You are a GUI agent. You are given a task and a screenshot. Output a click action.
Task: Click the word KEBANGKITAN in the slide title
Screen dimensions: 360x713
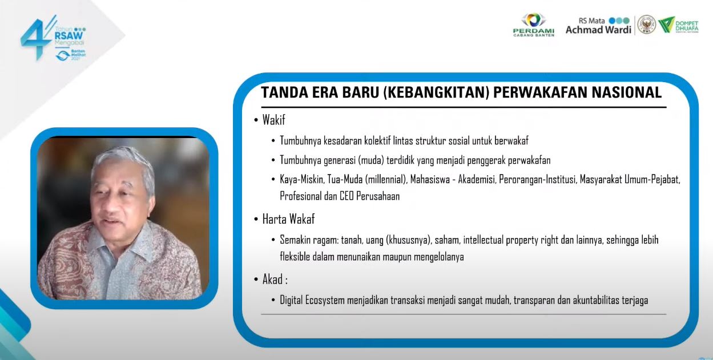pos(434,93)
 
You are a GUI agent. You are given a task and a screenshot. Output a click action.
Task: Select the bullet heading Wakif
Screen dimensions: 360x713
pos(273,120)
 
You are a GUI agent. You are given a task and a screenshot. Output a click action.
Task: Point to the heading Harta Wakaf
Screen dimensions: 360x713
pos(288,219)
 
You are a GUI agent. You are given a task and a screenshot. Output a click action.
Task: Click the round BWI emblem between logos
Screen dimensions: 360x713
pos(646,25)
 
